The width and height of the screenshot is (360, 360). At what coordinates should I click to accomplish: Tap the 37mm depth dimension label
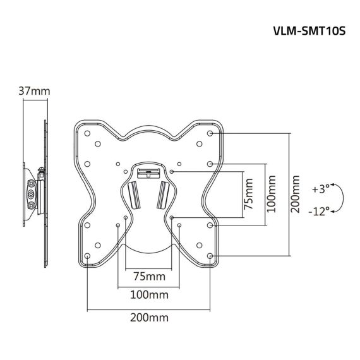tap(33, 92)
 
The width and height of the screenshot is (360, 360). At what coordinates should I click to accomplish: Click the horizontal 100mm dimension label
tap(148, 295)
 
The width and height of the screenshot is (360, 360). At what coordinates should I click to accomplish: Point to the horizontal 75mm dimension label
tap(148, 277)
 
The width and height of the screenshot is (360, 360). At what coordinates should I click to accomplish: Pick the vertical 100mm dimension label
tap(271, 194)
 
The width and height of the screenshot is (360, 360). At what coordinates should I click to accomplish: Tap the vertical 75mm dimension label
tap(248, 194)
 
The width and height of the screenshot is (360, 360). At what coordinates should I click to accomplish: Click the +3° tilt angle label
tap(321, 189)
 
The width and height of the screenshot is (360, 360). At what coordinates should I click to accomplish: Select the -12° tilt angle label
tap(320, 212)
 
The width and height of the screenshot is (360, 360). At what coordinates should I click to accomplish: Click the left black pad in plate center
tap(133, 193)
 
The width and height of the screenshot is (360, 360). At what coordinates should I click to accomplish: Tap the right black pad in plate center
tap(164, 193)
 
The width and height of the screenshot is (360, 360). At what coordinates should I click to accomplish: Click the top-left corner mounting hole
tap(87, 134)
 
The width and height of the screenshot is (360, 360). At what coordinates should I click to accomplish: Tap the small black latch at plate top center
tap(149, 169)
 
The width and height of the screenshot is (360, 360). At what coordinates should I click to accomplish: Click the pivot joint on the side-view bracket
tap(32, 193)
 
